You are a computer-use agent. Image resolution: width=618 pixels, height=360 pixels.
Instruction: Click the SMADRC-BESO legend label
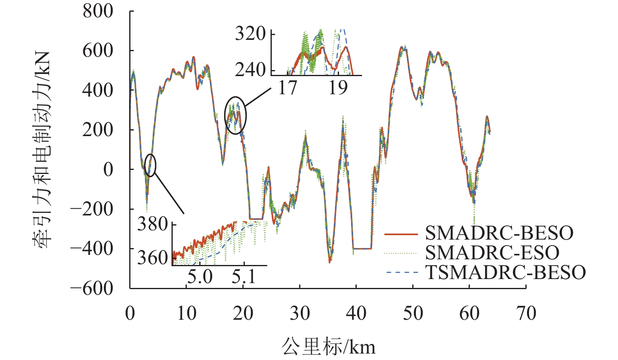pyautogui.click(x=499, y=233)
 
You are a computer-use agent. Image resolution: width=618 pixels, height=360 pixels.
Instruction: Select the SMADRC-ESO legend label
pyautogui.click(x=492, y=252)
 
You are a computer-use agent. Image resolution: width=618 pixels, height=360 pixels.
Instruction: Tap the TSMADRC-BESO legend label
pyautogui.click(x=505, y=272)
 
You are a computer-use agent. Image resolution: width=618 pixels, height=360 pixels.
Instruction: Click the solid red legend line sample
pyautogui.click(x=401, y=234)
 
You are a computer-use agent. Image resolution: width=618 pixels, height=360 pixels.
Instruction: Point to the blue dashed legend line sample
pyautogui.click(x=401, y=273)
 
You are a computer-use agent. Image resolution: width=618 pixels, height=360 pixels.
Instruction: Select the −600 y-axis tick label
pyautogui.click(x=92, y=288)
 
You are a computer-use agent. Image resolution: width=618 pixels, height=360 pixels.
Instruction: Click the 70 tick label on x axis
pyautogui.click(x=526, y=313)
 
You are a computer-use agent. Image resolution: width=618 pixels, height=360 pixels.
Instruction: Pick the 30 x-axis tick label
pyautogui.click(x=300, y=313)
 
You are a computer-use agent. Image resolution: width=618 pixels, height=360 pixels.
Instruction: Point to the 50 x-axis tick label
pyautogui.click(x=413, y=313)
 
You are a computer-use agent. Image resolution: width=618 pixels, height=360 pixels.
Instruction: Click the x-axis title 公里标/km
pyautogui.click(x=328, y=346)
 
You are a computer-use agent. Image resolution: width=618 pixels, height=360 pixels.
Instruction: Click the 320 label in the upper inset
pyautogui.click(x=250, y=33)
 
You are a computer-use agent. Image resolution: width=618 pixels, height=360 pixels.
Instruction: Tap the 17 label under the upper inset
pyautogui.click(x=287, y=88)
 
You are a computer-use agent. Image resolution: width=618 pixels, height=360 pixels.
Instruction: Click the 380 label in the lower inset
pyautogui.click(x=153, y=224)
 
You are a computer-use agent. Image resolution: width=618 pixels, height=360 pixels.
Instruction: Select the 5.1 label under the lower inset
pyautogui.click(x=244, y=277)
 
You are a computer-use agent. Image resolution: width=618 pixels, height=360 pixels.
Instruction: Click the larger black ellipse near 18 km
pyautogui.click(x=236, y=115)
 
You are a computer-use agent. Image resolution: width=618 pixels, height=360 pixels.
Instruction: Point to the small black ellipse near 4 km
pyautogui.click(x=150, y=165)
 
